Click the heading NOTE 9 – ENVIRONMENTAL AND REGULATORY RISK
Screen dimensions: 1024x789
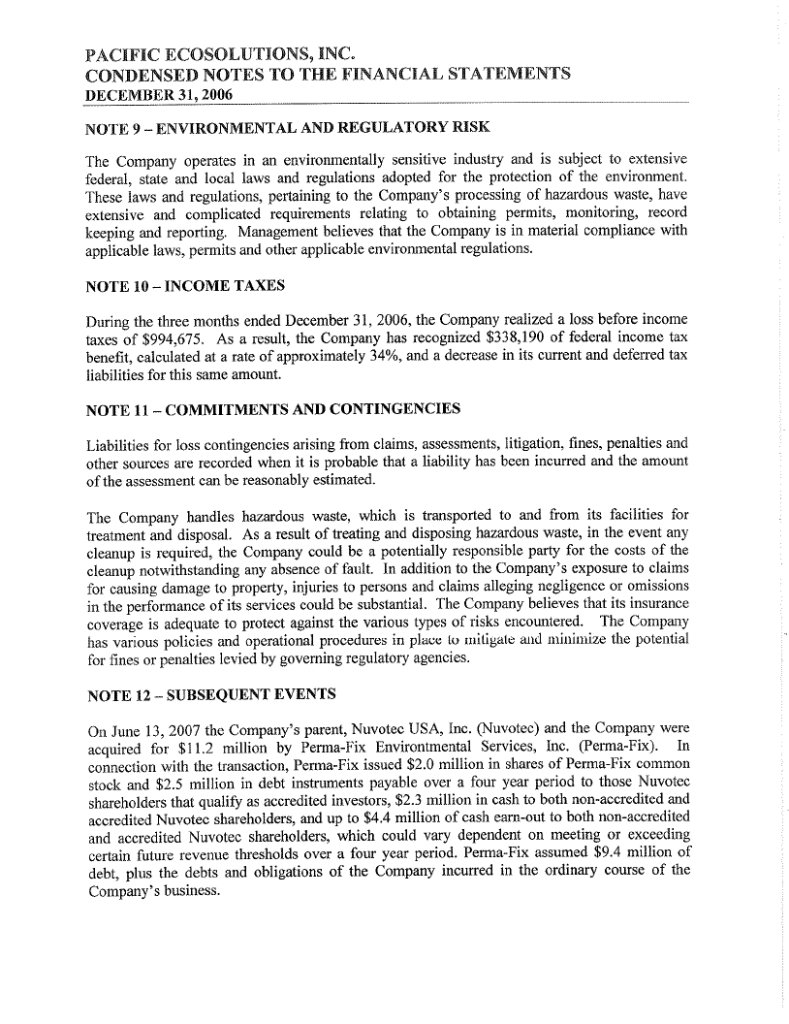click(287, 128)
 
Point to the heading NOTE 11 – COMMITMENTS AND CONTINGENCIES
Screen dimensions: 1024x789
click(272, 408)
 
